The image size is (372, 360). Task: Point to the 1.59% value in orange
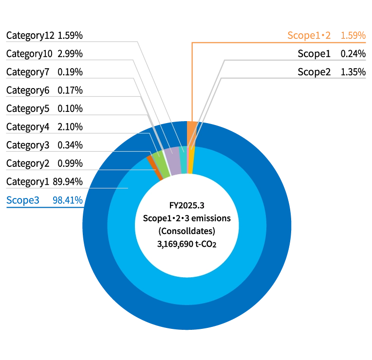point(353,35)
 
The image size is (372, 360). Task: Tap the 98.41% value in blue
point(67,200)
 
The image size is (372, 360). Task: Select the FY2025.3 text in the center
point(186,205)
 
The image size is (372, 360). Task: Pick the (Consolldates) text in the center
point(186,231)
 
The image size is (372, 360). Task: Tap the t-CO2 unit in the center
point(206,244)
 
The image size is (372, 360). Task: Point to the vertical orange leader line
point(192,78)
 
